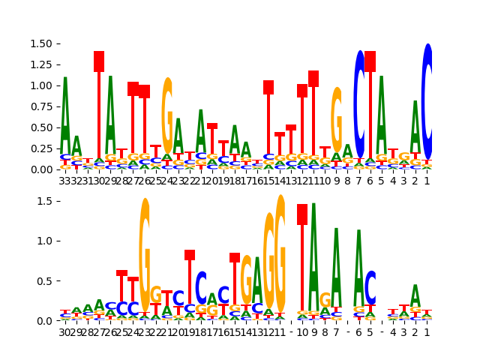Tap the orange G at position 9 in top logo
tap(337, 120)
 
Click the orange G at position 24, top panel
tap(167, 116)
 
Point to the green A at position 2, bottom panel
tap(415, 295)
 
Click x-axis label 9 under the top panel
tap(337, 181)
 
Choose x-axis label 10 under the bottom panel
tap(302, 332)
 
